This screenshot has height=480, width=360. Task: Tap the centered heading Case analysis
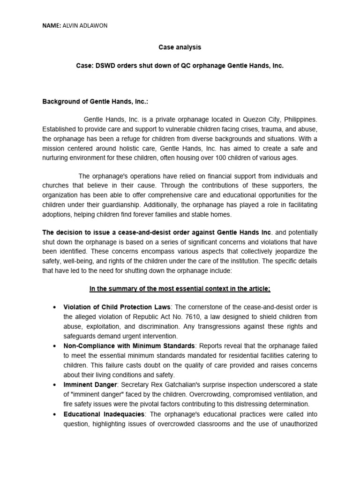[x=180, y=47]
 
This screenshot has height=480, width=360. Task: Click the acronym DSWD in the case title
[x=107, y=66]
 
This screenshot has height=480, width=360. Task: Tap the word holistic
[x=140, y=149]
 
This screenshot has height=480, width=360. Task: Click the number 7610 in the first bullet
[x=170, y=316]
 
